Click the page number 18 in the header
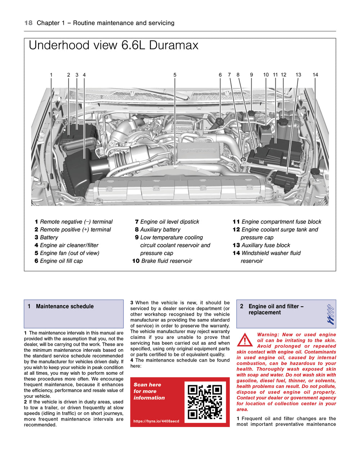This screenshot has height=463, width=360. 28,23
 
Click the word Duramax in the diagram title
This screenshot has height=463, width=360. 174,45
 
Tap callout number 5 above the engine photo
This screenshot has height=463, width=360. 175,75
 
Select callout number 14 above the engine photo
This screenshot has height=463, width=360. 315,75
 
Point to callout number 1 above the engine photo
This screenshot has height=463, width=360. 51,75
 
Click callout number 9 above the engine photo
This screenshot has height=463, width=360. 251,75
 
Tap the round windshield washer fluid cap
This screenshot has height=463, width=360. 315,171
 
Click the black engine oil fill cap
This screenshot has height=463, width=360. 220,121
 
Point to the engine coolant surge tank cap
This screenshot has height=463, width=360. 283,122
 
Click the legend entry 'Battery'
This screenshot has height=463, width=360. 49,238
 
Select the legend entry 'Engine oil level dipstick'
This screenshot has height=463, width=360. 169,222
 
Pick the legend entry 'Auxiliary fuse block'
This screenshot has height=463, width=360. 266,245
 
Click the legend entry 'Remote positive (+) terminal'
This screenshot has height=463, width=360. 75,230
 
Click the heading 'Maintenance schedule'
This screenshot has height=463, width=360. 65,306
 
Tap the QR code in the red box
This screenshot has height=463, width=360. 205,402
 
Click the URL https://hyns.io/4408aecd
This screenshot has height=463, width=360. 156,421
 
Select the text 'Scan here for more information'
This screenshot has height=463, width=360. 149,391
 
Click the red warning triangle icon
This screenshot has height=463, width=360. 245,340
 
